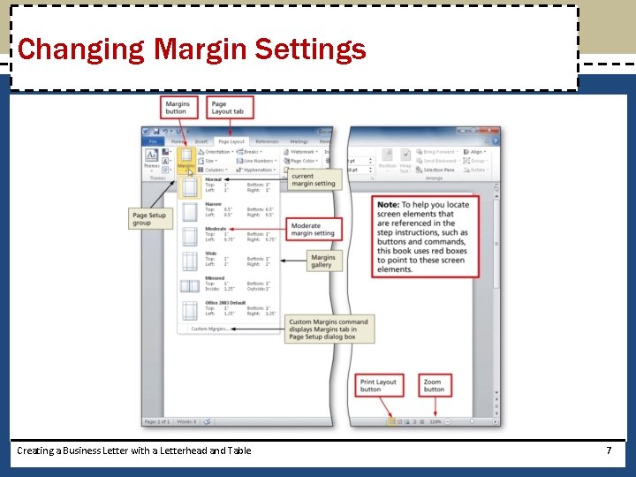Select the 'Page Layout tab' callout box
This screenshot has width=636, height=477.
tap(230, 107)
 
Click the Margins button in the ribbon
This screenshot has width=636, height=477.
tap(186, 159)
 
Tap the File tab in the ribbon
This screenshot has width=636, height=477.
tap(152, 140)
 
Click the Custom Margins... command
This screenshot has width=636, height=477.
tap(210, 329)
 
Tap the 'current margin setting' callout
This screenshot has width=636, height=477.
tap(313, 180)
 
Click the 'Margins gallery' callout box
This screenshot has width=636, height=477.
tap(322, 261)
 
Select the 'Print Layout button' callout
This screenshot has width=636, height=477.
tap(379, 385)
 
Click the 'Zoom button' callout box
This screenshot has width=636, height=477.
tap(434, 385)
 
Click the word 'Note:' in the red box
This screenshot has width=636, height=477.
tap(393, 205)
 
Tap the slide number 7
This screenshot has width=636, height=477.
tap(609, 450)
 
